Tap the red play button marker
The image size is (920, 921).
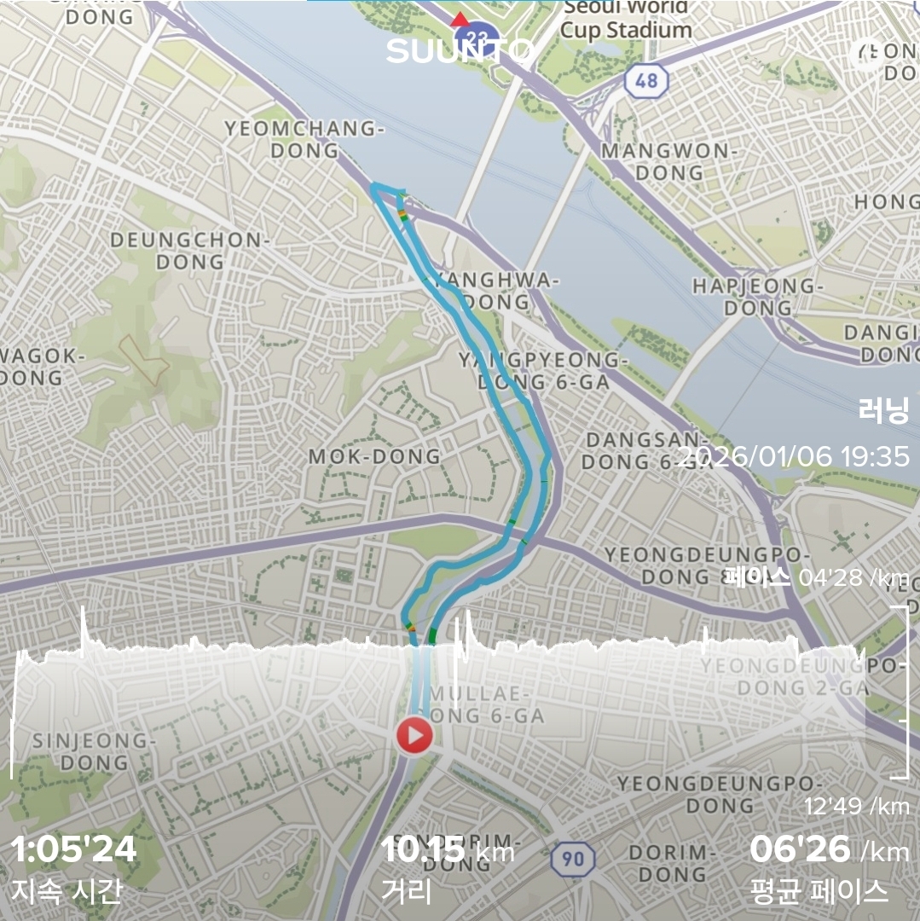(414, 735)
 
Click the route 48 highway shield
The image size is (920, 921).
(645, 80)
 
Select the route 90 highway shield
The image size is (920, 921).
(573, 859)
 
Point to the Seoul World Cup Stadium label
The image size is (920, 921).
(626, 19)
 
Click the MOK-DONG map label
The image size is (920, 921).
(375, 456)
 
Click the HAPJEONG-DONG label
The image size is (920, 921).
(754, 296)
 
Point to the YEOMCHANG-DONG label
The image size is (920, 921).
(304, 140)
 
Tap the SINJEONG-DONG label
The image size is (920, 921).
(94, 751)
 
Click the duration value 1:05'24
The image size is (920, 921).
(73, 849)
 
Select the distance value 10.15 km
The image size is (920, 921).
(447, 849)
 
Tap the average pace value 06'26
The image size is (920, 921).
(800, 849)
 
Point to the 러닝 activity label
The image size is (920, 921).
(883, 412)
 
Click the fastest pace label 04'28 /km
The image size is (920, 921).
(853, 578)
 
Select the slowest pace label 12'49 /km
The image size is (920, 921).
(856, 806)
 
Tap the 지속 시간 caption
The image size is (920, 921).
(67, 891)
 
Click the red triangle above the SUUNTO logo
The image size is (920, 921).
(460, 20)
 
